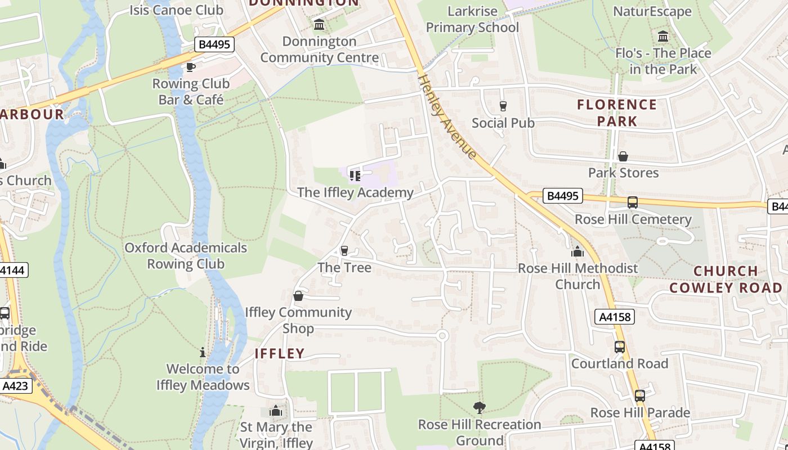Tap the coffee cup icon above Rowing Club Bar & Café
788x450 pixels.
[x=191, y=67]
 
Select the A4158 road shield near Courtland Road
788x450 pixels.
[x=615, y=317]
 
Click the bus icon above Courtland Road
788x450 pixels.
[x=620, y=347]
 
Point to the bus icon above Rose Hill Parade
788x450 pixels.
[x=640, y=396]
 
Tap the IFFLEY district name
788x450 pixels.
[x=280, y=354]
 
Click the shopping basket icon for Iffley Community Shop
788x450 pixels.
[x=298, y=296]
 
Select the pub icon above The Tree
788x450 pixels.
[x=344, y=251]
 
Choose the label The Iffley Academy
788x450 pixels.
[x=355, y=192]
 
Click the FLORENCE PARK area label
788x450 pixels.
[x=617, y=112]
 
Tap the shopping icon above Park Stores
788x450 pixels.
[x=623, y=156]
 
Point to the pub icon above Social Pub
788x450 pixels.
[x=503, y=106]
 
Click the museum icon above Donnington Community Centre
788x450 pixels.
[x=320, y=25]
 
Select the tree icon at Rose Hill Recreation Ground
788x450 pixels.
[x=480, y=407]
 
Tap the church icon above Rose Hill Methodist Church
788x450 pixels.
[x=577, y=252]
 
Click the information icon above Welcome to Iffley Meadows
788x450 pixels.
[x=203, y=353]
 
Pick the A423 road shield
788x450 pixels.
[x=16, y=386]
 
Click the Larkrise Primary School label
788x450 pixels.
[x=472, y=19]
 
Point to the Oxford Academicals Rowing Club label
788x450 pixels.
[x=186, y=256]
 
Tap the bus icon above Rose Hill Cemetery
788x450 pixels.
[x=633, y=202]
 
